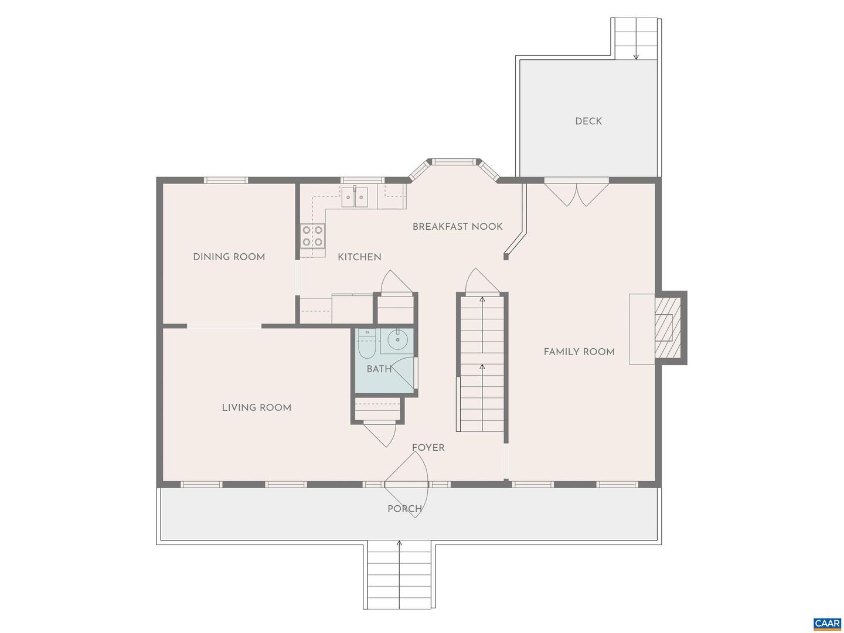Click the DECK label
point(588,121)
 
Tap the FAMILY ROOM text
point(578,352)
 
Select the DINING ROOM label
point(229,257)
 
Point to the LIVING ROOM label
point(256,408)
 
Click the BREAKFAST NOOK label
point(457,227)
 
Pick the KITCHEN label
point(359,257)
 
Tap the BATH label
point(379,369)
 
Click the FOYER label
point(428,448)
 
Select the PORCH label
point(404,509)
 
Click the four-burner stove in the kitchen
point(312,236)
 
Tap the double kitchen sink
point(355,196)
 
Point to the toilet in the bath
point(367,346)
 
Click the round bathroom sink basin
point(398,339)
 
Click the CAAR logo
point(826,623)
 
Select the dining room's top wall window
point(226,180)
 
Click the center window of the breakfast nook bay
point(453,161)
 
